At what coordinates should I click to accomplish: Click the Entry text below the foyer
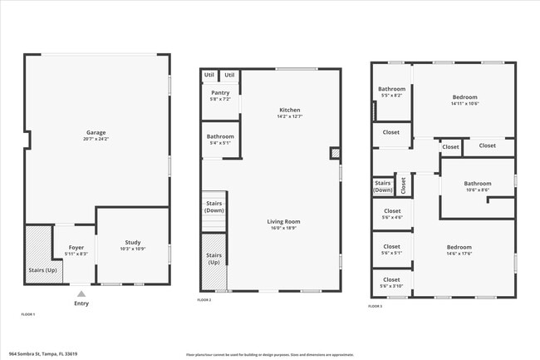coord(81,303)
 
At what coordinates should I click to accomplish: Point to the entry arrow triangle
coord(81,293)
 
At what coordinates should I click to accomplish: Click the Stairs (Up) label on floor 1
coord(42,270)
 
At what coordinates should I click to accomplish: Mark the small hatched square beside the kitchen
coord(335,153)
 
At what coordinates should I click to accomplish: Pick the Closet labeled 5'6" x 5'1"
coord(391,249)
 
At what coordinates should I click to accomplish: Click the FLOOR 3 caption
coord(376,307)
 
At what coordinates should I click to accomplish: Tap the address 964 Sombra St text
coord(43,353)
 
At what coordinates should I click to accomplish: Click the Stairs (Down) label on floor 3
coord(383,186)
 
